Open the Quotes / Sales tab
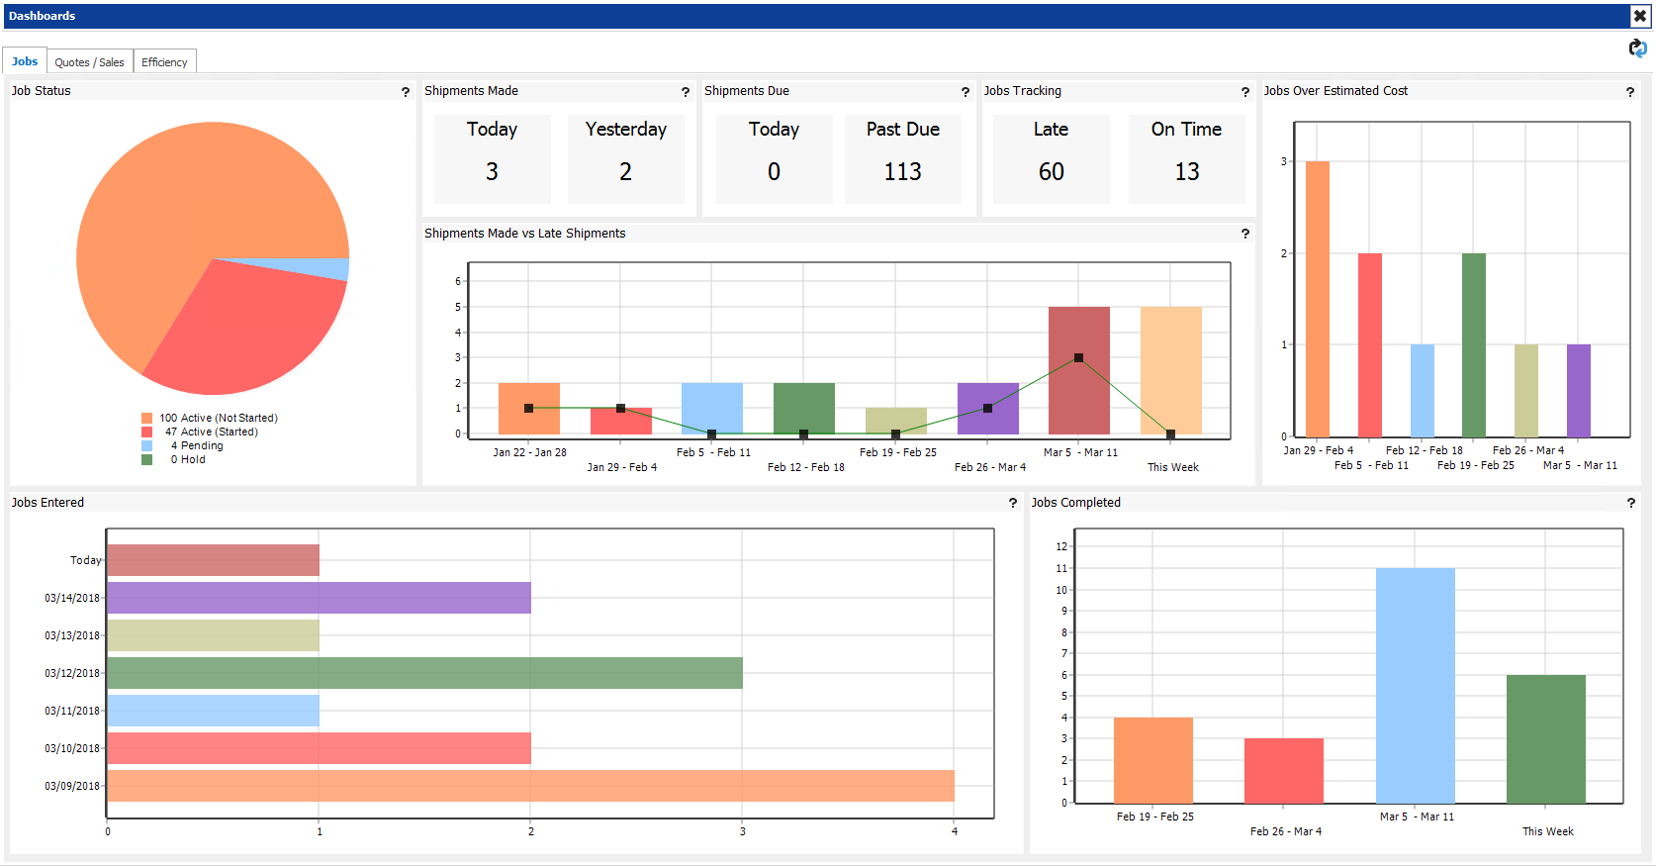click(x=89, y=62)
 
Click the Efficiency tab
click(x=164, y=62)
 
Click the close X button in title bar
click(x=1639, y=16)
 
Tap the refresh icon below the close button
click(x=1638, y=48)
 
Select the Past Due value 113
click(x=902, y=172)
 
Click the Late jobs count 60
click(x=1051, y=172)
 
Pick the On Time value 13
click(x=1186, y=172)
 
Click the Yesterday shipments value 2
click(x=625, y=172)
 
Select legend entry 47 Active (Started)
click(x=211, y=432)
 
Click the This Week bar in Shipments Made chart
click(x=1170, y=370)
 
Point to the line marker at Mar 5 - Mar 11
click(x=1078, y=358)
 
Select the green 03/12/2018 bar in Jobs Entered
click(x=424, y=673)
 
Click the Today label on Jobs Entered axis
click(x=85, y=560)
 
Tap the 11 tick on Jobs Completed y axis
click(x=1061, y=568)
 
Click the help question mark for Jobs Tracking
click(x=1244, y=92)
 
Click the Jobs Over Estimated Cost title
click(x=1334, y=91)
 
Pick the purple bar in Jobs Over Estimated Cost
click(x=1578, y=391)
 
